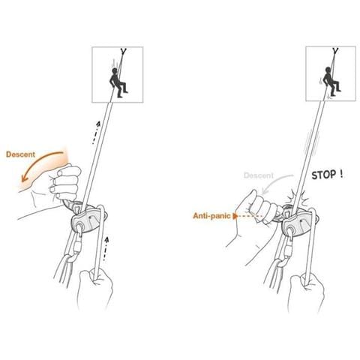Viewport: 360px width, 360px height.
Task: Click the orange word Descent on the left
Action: (20, 154)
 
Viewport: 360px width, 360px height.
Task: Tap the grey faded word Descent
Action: (259, 175)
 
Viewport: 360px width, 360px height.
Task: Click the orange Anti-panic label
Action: (211, 215)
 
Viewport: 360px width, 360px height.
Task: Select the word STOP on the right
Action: (324, 175)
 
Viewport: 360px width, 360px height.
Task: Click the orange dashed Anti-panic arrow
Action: (247, 215)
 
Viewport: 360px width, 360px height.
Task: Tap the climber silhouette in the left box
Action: (118, 82)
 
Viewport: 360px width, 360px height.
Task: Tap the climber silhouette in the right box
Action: (331, 82)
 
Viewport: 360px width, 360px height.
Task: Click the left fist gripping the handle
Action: (65, 181)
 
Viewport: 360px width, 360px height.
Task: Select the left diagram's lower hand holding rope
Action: (95, 287)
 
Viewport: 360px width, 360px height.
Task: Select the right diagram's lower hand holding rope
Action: (307, 291)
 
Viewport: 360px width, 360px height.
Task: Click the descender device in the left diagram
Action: (88, 217)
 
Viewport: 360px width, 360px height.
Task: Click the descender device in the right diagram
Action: (299, 220)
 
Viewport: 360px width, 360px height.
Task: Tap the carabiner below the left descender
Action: (78, 246)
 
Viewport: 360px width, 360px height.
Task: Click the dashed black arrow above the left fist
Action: (96, 133)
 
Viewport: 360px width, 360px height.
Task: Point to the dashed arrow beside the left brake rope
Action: (106, 249)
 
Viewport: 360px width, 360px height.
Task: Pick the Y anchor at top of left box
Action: (123, 52)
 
